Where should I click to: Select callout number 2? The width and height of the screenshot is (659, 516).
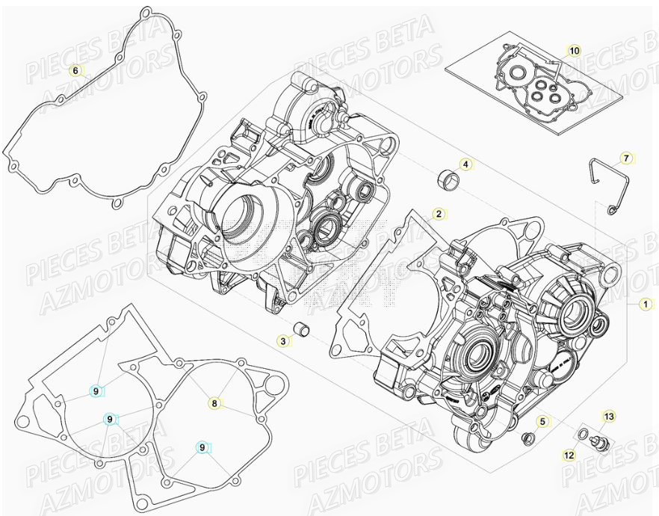pyautogui.click(x=439, y=214)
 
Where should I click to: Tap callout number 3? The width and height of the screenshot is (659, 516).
pyautogui.click(x=282, y=341)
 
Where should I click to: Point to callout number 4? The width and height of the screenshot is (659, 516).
pyautogui.click(x=464, y=164)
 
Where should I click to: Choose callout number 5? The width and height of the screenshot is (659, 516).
pyautogui.click(x=542, y=423)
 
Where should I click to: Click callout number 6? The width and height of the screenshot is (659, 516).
pyautogui.click(x=75, y=71)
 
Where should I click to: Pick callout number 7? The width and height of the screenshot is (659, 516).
pyautogui.click(x=626, y=158)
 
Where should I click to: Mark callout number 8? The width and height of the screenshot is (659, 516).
pyautogui.click(x=214, y=403)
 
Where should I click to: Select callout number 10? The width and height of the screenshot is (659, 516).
pyautogui.click(x=573, y=51)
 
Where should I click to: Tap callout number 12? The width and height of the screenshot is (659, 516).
pyautogui.click(x=569, y=453)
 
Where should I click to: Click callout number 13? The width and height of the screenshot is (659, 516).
pyautogui.click(x=608, y=416)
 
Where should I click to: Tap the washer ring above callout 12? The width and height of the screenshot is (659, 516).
pyautogui.click(x=581, y=435)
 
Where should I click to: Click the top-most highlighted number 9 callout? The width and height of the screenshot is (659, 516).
pyautogui.click(x=96, y=390)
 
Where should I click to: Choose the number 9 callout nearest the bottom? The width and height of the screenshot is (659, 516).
pyautogui.click(x=201, y=447)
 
